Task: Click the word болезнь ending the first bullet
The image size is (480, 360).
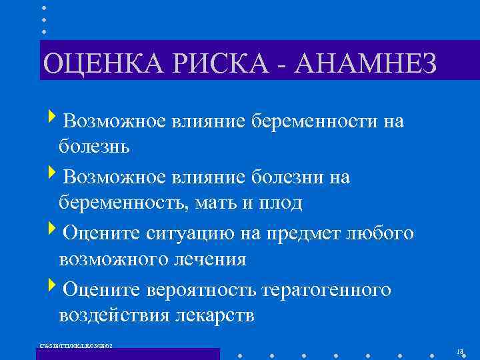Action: (x=94, y=146)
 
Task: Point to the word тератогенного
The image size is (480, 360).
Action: (x=327, y=290)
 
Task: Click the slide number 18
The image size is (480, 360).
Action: (x=460, y=351)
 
